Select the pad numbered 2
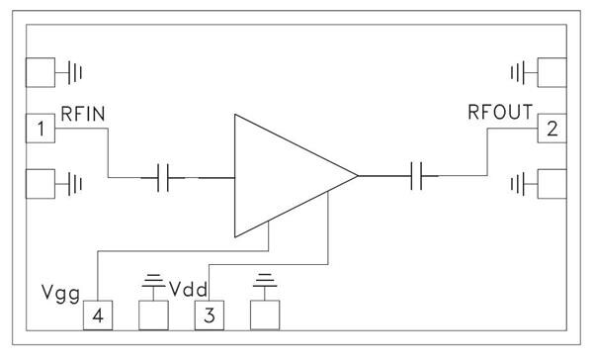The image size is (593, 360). point(550,128)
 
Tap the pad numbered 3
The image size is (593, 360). point(209,315)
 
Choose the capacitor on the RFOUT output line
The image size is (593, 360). point(421,178)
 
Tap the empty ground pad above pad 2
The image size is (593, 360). point(550,72)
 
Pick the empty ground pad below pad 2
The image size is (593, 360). point(550,183)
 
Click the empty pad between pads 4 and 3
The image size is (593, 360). point(152,315)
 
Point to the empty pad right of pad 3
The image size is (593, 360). point(266,315)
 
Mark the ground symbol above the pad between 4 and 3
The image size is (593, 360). point(152,283)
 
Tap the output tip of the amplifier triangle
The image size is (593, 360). point(356,178)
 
